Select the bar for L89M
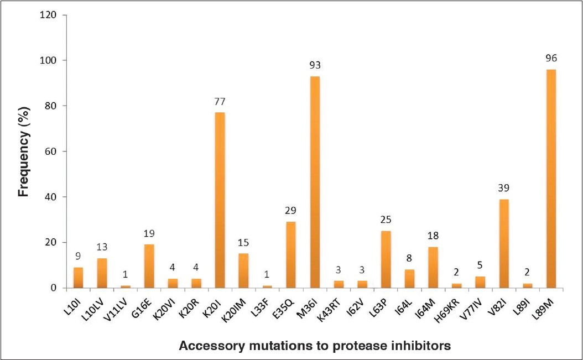coord(551,179)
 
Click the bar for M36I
coord(315,182)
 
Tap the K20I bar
coord(220,200)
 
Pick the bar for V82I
coord(504,243)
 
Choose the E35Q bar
coord(291,254)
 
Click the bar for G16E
coord(149,266)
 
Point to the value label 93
coord(315,65)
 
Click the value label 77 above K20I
coord(220,101)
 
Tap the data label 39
coord(504,188)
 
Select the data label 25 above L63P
coord(386,220)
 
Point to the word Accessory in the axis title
coord(207,346)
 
